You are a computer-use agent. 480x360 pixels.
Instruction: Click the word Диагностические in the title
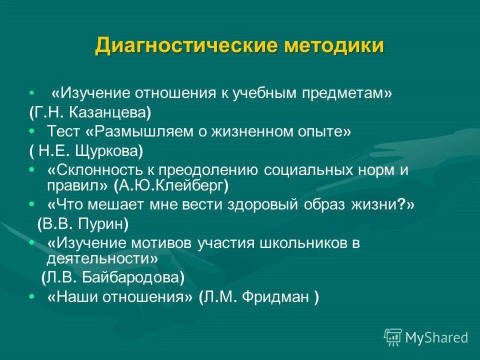(x=185, y=46)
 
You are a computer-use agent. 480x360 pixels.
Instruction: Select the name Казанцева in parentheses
(x=114, y=112)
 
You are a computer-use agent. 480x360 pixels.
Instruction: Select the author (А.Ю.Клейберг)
(x=171, y=186)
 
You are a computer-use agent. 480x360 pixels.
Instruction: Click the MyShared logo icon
(x=392, y=337)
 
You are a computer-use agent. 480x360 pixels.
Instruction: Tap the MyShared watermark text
(x=436, y=337)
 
